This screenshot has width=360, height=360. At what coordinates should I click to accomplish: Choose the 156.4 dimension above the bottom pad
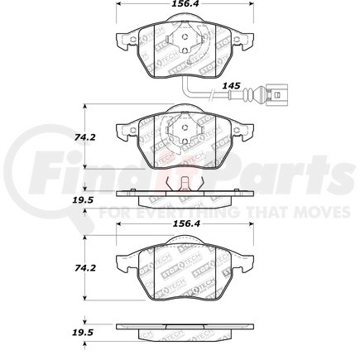pyautogui.click(x=180, y=221)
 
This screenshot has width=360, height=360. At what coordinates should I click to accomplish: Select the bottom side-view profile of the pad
pyautogui.click(x=180, y=329)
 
